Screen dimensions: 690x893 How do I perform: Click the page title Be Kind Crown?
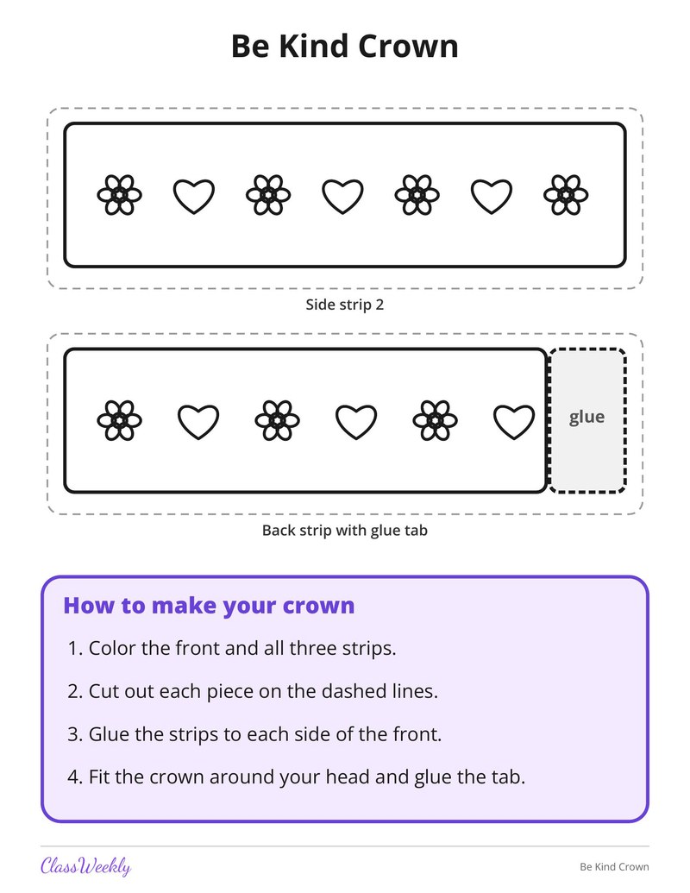click(x=344, y=46)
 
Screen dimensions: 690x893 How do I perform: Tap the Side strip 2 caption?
click(x=344, y=305)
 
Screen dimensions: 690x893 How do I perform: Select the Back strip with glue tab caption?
click(x=344, y=531)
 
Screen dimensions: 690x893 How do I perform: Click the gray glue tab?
click(x=587, y=420)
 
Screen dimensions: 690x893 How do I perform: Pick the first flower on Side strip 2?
click(x=120, y=195)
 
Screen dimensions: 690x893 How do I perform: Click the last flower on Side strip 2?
click(x=566, y=195)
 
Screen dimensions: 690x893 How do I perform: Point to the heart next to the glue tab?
click(x=513, y=422)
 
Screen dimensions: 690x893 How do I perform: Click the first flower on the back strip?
click(x=120, y=420)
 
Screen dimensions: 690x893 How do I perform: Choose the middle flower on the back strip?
click(x=277, y=420)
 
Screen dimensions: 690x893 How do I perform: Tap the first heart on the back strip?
click(x=198, y=422)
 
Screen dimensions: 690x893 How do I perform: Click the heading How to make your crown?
click(x=209, y=606)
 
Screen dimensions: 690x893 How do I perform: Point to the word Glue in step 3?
click(x=110, y=734)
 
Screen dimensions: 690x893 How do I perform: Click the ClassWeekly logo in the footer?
click(x=86, y=866)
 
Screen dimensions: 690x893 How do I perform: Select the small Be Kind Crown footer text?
click(x=614, y=867)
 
